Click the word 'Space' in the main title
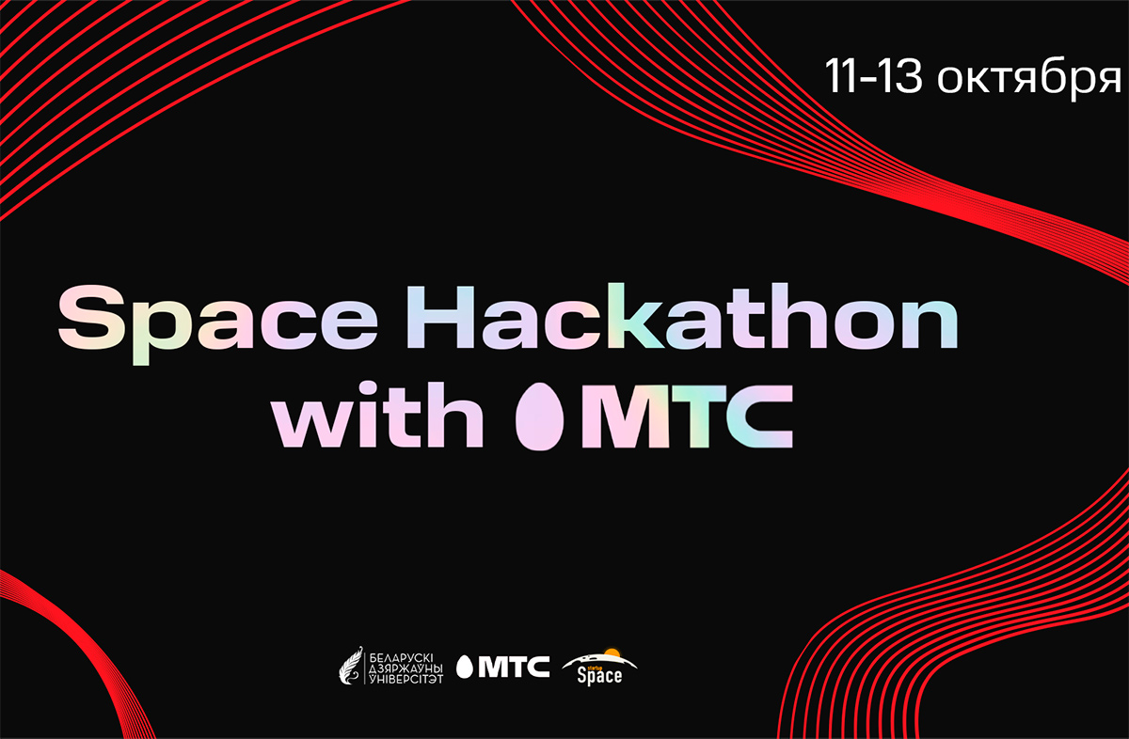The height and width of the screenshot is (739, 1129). (217, 322)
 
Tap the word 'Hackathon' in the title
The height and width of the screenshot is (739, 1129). (682, 316)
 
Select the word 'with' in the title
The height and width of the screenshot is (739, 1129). (377, 415)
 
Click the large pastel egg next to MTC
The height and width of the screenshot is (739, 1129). (539, 417)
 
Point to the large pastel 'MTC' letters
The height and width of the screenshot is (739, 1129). (688, 417)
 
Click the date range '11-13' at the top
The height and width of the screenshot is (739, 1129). (873, 76)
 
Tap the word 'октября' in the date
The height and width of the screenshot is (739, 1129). (1029, 79)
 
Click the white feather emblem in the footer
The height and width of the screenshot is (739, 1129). (351, 666)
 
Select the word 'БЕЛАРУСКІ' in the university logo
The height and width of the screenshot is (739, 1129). (401, 658)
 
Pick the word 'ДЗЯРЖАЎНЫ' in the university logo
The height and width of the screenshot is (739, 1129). (406, 668)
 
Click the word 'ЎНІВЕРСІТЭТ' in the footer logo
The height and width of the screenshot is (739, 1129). (406, 679)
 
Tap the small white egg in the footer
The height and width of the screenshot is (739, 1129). (464, 668)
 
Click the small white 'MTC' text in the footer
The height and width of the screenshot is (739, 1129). (514, 667)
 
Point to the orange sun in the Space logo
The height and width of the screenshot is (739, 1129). (612, 653)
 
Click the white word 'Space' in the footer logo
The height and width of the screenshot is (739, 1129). (599, 676)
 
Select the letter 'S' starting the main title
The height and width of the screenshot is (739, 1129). (91, 318)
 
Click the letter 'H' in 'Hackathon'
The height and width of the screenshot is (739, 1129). (440, 318)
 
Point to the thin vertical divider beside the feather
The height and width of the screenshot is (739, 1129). (365, 666)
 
